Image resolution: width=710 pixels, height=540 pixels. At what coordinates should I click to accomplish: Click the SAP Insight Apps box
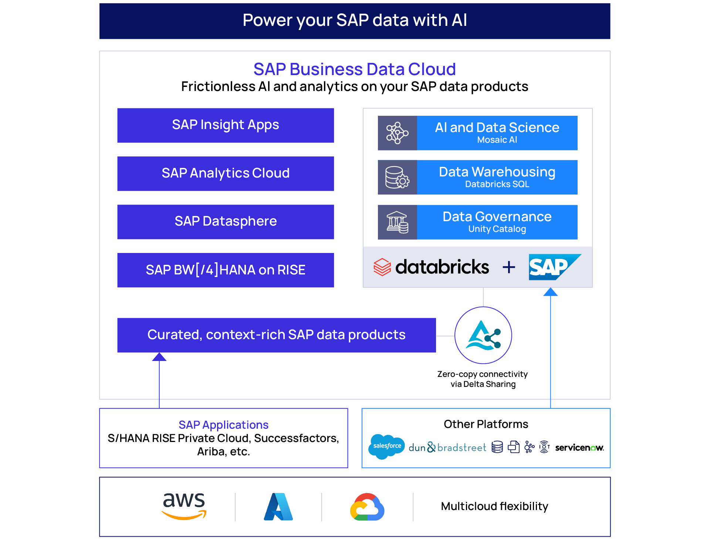pyautogui.click(x=226, y=125)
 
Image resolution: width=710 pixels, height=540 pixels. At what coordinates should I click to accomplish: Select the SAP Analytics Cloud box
pyautogui.click(x=226, y=173)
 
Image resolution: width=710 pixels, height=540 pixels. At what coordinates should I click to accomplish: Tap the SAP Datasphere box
pyautogui.click(x=226, y=222)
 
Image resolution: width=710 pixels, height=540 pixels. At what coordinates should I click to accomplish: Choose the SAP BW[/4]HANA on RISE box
pyautogui.click(x=226, y=270)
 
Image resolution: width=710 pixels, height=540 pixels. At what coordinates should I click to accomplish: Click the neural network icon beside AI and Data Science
pyautogui.click(x=397, y=133)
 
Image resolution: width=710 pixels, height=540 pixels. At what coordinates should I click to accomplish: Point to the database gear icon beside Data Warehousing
pyautogui.click(x=397, y=177)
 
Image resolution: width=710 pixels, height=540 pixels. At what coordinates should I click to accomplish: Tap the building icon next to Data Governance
pyautogui.click(x=397, y=222)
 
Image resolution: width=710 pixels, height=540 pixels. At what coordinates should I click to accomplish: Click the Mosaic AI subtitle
pyautogui.click(x=497, y=140)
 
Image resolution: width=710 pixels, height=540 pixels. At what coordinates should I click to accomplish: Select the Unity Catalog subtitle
pyautogui.click(x=497, y=229)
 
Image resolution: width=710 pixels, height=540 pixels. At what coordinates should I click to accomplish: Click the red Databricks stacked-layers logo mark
pyautogui.click(x=382, y=267)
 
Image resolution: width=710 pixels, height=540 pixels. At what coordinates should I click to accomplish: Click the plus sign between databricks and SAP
pyautogui.click(x=509, y=267)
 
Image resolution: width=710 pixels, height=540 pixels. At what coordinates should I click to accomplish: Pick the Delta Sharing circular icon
pyautogui.click(x=483, y=335)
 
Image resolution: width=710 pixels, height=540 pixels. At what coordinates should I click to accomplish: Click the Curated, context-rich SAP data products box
pyautogui.click(x=276, y=335)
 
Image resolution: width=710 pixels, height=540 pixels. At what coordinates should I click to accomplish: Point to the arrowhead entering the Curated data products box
pyautogui.click(x=159, y=357)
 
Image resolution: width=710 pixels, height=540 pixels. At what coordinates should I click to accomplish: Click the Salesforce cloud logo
pyautogui.click(x=387, y=446)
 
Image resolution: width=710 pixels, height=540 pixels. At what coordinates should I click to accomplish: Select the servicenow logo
pyautogui.click(x=579, y=448)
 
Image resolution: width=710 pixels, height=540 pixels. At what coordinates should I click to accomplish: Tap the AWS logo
pyautogui.click(x=184, y=506)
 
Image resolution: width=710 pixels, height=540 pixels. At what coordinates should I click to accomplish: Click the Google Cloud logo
pyautogui.click(x=367, y=507)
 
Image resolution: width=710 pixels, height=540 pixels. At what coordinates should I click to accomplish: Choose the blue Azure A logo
pyautogui.click(x=278, y=507)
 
